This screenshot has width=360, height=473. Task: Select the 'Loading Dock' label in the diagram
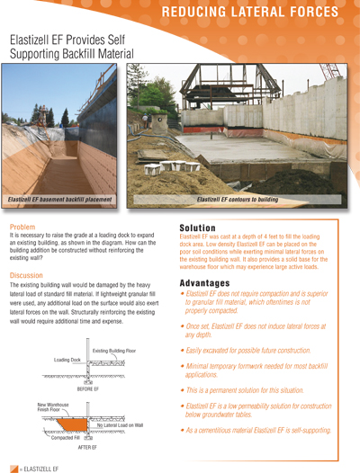coord(67,360)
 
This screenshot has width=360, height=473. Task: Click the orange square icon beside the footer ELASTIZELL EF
coord(13,467)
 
